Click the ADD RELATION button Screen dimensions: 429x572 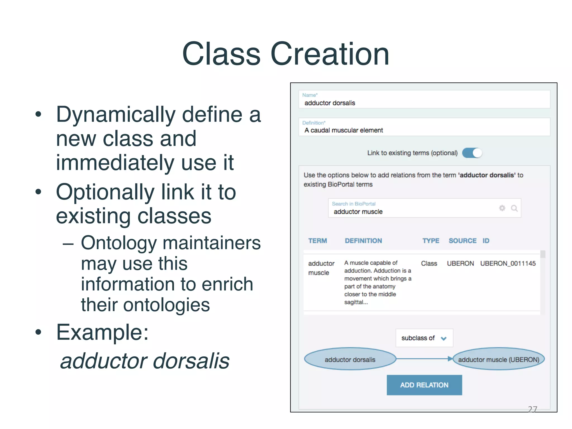point(424,385)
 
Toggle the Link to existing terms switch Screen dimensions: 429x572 point(472,153)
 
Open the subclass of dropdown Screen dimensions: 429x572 point(424,338)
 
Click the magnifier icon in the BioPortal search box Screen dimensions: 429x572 point(514,208)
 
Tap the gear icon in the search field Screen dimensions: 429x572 point(502,208)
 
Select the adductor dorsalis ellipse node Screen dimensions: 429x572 point(350,359)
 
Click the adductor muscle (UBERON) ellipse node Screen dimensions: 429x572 point(498,359)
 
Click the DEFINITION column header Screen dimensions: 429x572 point(363,241)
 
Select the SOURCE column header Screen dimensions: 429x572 point(462,241)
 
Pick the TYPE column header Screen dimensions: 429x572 point(430,241)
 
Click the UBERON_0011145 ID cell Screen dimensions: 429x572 point(508,263)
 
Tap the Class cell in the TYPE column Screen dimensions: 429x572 point(429,263)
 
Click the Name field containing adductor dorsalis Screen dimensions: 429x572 point(424,100)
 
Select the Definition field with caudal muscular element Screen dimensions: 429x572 point(424,127)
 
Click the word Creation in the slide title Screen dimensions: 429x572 point(330,54)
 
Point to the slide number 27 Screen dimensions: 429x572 point(532,409)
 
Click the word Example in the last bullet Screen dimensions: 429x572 point(102,332)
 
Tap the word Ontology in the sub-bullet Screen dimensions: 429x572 point(118,243)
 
